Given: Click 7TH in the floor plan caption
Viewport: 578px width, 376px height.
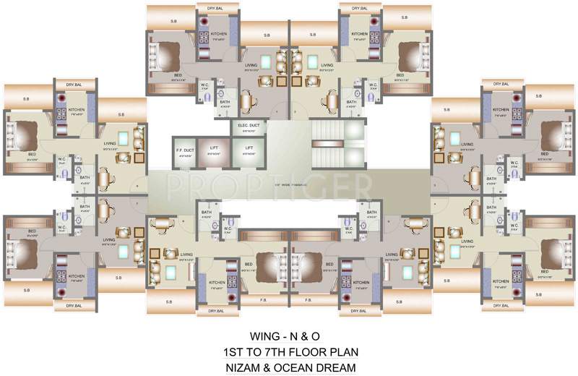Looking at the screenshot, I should [277, 352].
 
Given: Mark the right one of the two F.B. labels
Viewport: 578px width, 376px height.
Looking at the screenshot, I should [308, 299].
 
